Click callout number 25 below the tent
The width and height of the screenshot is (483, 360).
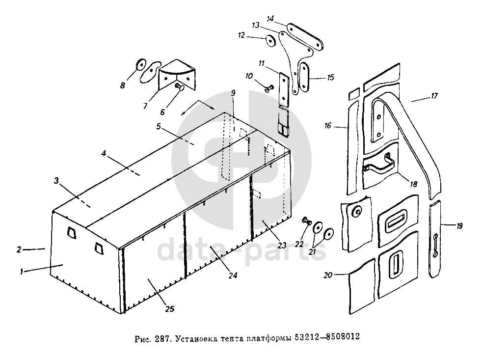pos(169,309)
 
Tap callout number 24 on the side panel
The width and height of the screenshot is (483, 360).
pos(233,276)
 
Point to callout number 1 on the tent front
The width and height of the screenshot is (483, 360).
pos(21,271)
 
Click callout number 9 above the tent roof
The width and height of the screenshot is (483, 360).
pos(233,93)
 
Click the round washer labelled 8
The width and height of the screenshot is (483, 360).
pos(139,64)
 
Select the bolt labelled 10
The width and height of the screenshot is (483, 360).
pos(268,89)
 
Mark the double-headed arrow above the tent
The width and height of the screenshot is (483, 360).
pos(197,107)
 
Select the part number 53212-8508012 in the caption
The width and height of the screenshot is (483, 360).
pos(328,338)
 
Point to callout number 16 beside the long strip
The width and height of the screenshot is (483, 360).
pos(328,126)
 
